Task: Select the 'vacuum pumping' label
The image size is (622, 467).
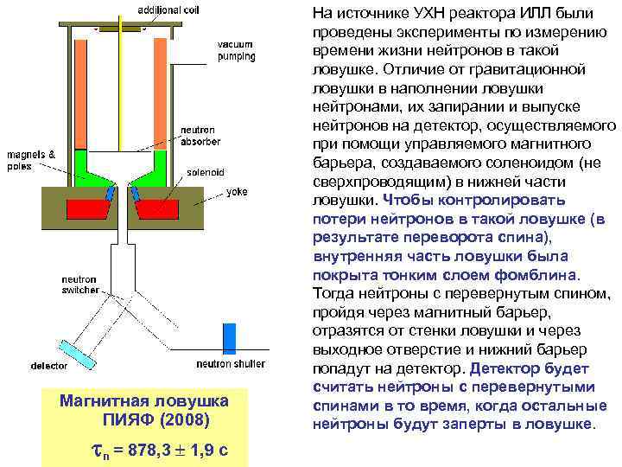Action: [x=235, y=50]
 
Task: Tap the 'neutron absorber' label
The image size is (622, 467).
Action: [x=200, y=136]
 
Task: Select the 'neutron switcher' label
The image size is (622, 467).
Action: [x=80, y=285]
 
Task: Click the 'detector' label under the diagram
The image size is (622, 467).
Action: [x=48, y=365]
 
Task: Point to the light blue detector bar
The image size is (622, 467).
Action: [x=77, y=351]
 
